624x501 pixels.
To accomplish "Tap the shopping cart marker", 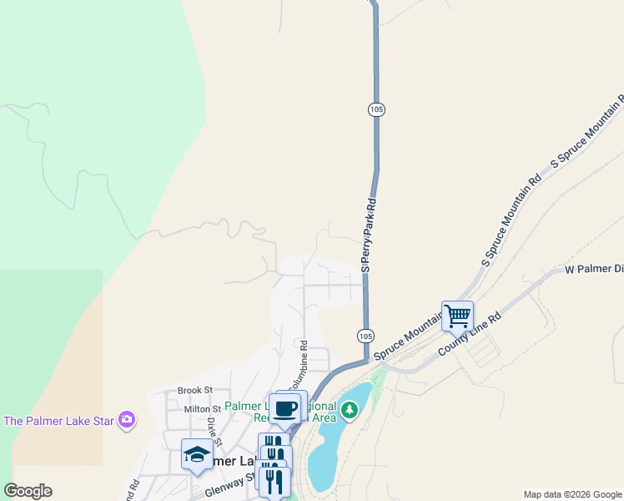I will click(x=457, y=316).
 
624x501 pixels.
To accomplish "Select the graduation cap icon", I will click(x=196, y=453).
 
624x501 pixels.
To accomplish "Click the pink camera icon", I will click(x=127, y=419).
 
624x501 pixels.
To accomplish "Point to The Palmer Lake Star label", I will click(x=58, y=420).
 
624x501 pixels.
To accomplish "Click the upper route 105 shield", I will click(x=375, y=109).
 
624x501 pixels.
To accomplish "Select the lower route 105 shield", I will click(x=365, y=336).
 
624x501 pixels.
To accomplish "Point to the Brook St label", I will click(x=196, y=390).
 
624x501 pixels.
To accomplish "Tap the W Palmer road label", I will click(x=594, y=270).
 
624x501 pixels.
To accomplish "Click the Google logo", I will click(x=28, y=491).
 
